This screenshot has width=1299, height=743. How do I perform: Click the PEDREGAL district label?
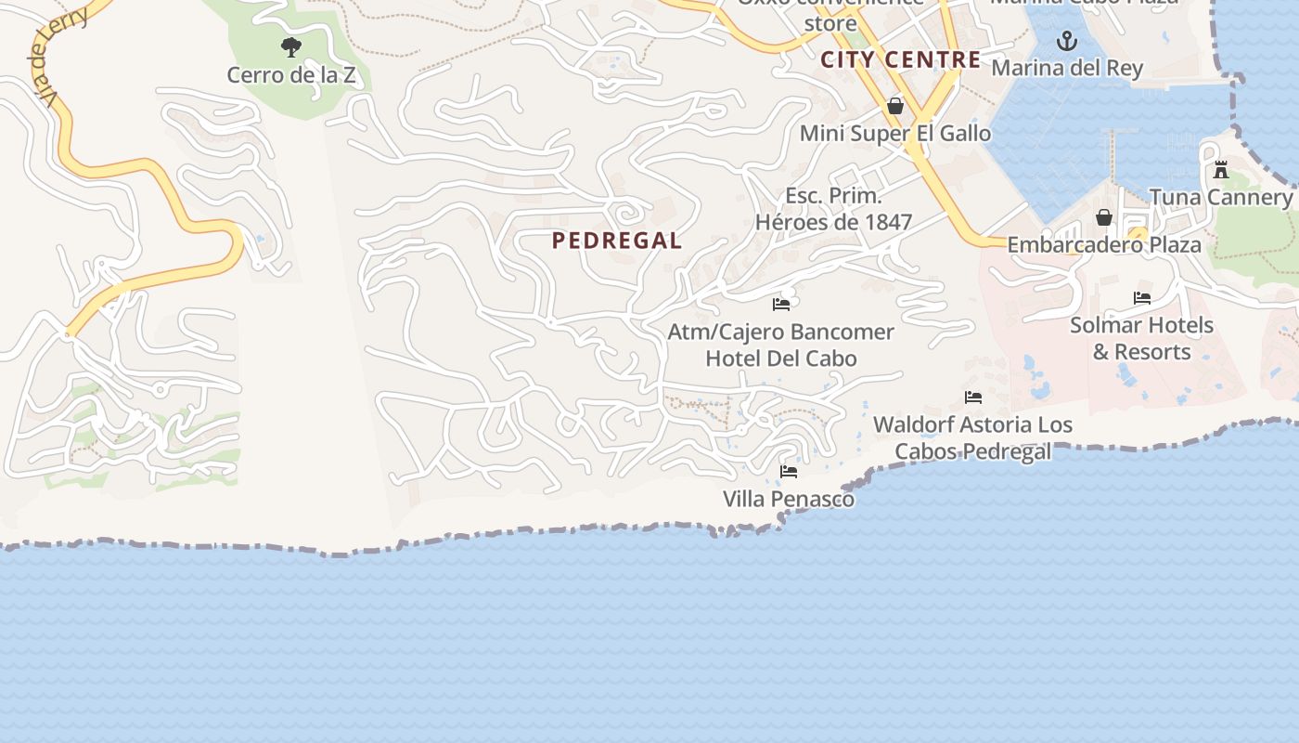(x=617, y=241)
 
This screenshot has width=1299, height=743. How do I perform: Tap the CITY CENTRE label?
(x=900, y=60)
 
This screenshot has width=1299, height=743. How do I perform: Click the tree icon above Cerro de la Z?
(x=291, y=46)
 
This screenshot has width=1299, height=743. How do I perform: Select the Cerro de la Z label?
(x=291, y=75)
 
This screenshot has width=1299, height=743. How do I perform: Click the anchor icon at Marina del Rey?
(x=1067, y=41)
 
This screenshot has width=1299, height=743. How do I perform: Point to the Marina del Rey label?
(x=1067, y=68)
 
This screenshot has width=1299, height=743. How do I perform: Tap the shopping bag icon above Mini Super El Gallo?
(x=895, y=107)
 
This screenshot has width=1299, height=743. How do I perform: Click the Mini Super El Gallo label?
(x=895, y=134)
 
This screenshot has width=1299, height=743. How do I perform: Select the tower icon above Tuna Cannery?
(x=1221, y=170)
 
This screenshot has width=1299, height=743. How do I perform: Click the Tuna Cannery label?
(x=1221, y=197)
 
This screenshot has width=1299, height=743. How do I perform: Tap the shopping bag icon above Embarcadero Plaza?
(x=1104, y=217)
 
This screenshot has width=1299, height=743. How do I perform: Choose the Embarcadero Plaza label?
(x=1104, y=245)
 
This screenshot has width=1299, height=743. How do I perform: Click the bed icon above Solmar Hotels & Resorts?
(x=1142, y=298)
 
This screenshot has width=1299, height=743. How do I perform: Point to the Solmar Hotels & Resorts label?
(x=1142, y=338)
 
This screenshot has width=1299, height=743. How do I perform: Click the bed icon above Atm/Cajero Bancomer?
(x=781, y=304)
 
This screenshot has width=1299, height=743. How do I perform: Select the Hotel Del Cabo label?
(x=781, y=358)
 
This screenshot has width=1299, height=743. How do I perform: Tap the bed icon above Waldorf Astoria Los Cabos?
(x=973, y=398)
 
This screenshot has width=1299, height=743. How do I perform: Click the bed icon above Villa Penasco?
(x=789, y=472)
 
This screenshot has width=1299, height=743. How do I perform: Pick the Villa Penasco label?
(x=789, y=499)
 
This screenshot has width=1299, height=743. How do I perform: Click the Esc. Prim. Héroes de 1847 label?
(x=833, y=209)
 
